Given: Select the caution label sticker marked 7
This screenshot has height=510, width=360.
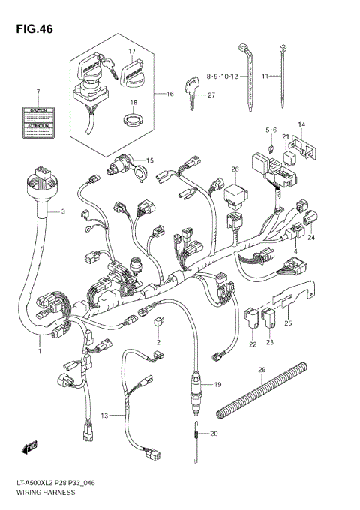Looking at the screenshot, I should [x=36, y=122].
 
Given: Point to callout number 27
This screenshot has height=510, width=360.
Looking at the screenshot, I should [x=211, y=94].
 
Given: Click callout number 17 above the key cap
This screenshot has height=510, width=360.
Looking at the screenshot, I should [x=131, y=52].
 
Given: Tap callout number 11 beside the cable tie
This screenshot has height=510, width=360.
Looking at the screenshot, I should [x=265, y=76].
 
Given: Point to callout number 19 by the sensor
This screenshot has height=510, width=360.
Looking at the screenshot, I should [x=217, y=385].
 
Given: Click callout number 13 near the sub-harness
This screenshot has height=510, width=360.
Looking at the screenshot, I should [x=105, y=415].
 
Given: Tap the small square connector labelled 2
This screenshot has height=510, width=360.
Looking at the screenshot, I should [x=159, y=322].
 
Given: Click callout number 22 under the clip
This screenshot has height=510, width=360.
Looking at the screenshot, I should [x=253, y=343].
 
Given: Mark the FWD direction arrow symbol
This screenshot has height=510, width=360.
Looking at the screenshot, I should [x=30, y=448].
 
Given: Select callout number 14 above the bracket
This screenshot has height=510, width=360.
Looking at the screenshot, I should [x=301, y=124].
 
